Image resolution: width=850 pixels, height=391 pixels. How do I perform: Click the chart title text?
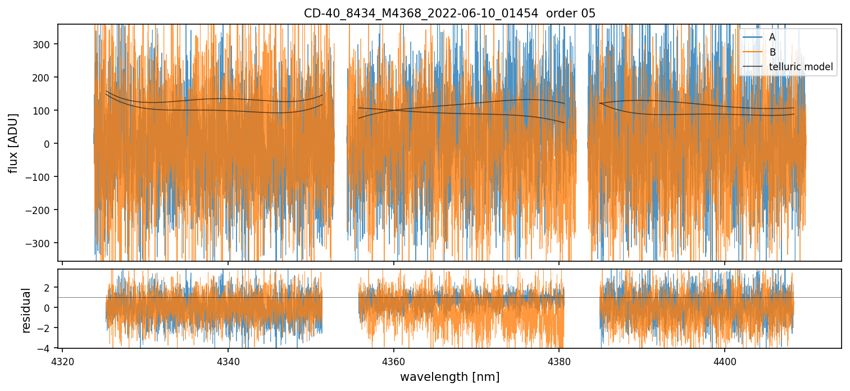tap(449, 13)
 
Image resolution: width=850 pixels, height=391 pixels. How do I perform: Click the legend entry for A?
tap(772, 37)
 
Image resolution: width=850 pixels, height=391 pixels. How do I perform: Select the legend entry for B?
tap(772, 52)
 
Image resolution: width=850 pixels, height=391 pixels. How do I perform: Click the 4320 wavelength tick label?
tap(62, 360)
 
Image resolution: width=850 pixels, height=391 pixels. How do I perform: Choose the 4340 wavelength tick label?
tap(228, 360)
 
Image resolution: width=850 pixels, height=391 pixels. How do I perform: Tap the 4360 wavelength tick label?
tap(393, 360)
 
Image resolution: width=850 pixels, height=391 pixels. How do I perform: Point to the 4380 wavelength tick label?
tap(559, 360)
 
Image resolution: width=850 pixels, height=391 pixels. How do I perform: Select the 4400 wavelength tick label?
tap(725, 360)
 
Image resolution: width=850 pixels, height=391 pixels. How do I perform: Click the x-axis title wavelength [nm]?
tap(449, 376)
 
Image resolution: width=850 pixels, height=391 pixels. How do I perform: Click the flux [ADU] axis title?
tap(13, 143)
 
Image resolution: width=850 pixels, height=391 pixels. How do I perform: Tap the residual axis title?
tap(26, 309)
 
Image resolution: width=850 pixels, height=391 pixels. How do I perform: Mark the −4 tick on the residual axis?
tap(47, 349)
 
